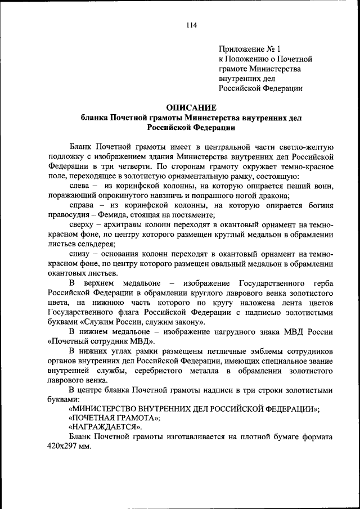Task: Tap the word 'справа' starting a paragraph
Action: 81,205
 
